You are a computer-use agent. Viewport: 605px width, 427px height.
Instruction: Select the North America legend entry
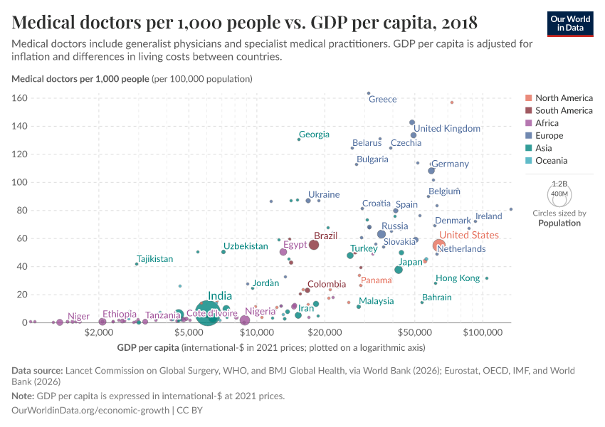tap(564, 97)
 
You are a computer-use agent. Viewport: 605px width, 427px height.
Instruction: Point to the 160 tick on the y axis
tap(19, 98)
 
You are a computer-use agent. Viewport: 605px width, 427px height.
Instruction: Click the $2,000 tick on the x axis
tap(100, 332)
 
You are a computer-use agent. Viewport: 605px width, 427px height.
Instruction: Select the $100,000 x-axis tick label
tap(483, 332)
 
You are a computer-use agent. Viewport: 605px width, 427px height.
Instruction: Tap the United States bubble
tap(439, 246)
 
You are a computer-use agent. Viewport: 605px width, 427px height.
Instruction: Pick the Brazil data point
tap(313, 246)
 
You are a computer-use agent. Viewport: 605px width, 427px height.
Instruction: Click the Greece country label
tap(382, 99)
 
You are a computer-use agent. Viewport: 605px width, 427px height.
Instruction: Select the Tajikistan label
tap(154, 259)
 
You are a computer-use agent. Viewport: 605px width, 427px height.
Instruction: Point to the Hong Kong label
tap(458, 278)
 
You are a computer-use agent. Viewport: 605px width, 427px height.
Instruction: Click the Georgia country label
tap(314, 135)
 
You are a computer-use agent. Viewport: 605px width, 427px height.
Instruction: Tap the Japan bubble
tap(399, 270)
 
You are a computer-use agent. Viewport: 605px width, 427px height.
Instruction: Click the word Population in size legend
tap(559, 223)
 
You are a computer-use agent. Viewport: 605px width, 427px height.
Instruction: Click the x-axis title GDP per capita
tap(148, 347)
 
